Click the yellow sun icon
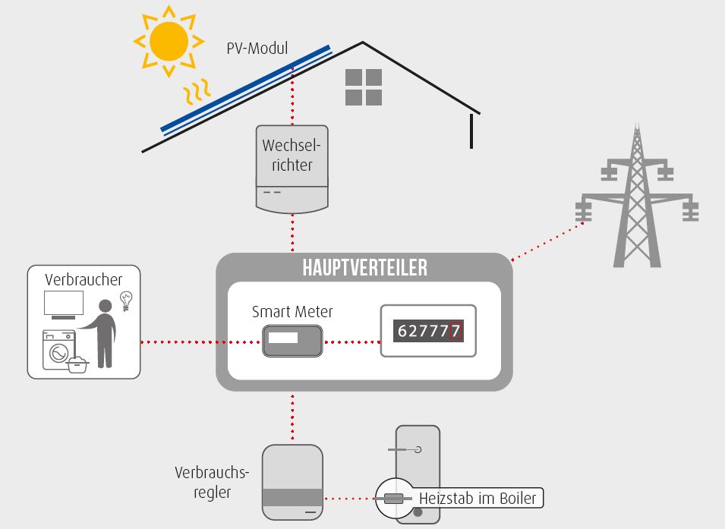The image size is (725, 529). click(169, 41)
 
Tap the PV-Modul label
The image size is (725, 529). click(257, 48)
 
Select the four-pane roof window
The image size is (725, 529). click(364, 87)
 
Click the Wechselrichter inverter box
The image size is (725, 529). click(292, 169)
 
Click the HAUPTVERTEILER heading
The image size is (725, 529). click(365, 268)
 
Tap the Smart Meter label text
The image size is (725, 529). click(292, 312)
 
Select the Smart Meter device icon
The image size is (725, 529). click(292, 342)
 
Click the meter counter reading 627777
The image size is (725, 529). click(428, 331)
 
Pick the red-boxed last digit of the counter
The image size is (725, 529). click(455, 331)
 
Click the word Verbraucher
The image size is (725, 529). click(84, 280)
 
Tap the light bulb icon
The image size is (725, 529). click(126, 301)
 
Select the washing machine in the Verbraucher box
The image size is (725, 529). click(59, 350)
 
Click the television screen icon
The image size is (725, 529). click(64, 304)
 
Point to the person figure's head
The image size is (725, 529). click(106, 306)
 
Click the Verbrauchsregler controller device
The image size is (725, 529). click(292, 482)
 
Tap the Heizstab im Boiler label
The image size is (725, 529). click(478, 499)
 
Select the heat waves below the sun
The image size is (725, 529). click(197, 92)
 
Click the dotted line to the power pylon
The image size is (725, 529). click(547, 241)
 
